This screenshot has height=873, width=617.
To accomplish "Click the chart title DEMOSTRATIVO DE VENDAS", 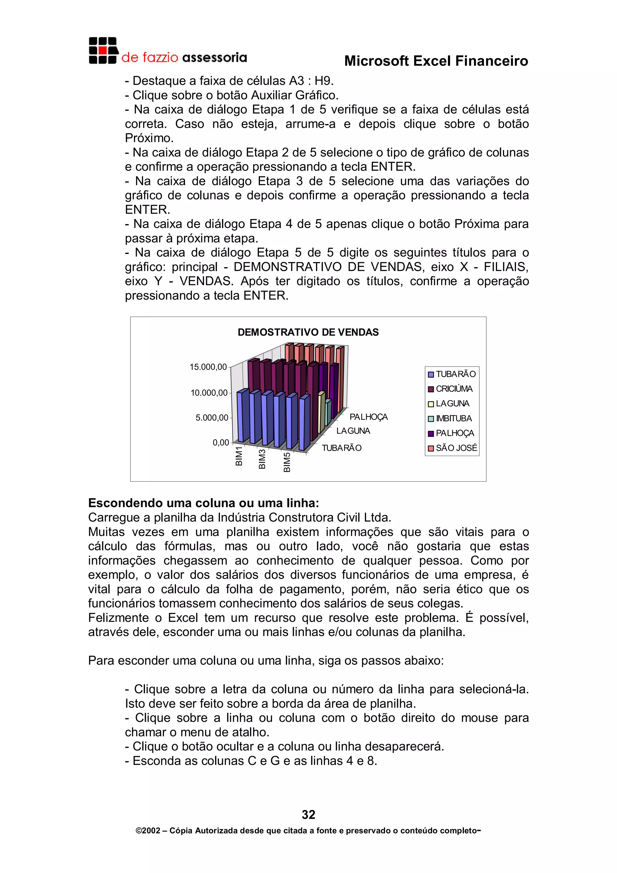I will [308, 332].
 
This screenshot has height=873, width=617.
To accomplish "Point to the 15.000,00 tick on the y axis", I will [208, 367].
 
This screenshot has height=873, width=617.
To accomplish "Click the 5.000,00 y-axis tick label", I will [212, 418].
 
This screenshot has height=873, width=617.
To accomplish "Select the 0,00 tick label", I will [221, 443].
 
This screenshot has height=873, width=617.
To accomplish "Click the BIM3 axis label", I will [262, 459].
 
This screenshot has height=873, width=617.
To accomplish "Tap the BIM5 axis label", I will [287, 462].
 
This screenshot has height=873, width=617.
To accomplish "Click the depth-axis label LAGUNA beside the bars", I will [353, 431].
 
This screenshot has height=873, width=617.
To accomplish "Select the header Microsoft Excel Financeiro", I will [436, 61].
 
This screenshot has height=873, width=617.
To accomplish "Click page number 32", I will [308, 815].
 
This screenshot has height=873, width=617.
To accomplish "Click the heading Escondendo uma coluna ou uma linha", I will [203, 503].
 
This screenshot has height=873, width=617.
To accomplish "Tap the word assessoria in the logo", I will [215, 58].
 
